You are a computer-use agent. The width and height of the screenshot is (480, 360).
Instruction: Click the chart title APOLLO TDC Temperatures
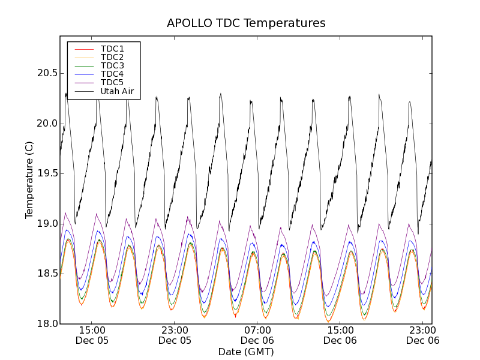[246, 23]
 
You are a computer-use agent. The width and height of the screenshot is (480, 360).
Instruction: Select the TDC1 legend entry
[112, 49]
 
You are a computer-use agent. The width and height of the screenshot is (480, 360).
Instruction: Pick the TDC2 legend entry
[112, 57]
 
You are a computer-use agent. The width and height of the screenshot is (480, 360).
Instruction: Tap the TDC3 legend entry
[112, 65]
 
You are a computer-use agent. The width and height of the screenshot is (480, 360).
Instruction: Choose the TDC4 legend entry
[112, 74]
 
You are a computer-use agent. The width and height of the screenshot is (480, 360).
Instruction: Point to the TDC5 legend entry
[112, 83]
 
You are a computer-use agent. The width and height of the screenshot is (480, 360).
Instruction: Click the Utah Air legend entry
[117, 92]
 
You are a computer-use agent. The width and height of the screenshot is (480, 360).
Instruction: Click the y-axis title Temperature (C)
[29, 180]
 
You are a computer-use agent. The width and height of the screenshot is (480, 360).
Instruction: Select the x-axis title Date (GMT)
[246, 352]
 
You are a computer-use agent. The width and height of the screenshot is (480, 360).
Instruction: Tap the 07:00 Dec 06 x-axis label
[257, 335]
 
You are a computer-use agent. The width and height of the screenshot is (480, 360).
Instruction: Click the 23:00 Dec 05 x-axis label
[175, 335]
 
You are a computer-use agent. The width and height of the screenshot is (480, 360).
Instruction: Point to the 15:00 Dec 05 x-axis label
[92, 335]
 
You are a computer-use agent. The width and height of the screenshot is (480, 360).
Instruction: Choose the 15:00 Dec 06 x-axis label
[340, 335]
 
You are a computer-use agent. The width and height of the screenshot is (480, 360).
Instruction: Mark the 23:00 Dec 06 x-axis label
[422, 335]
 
